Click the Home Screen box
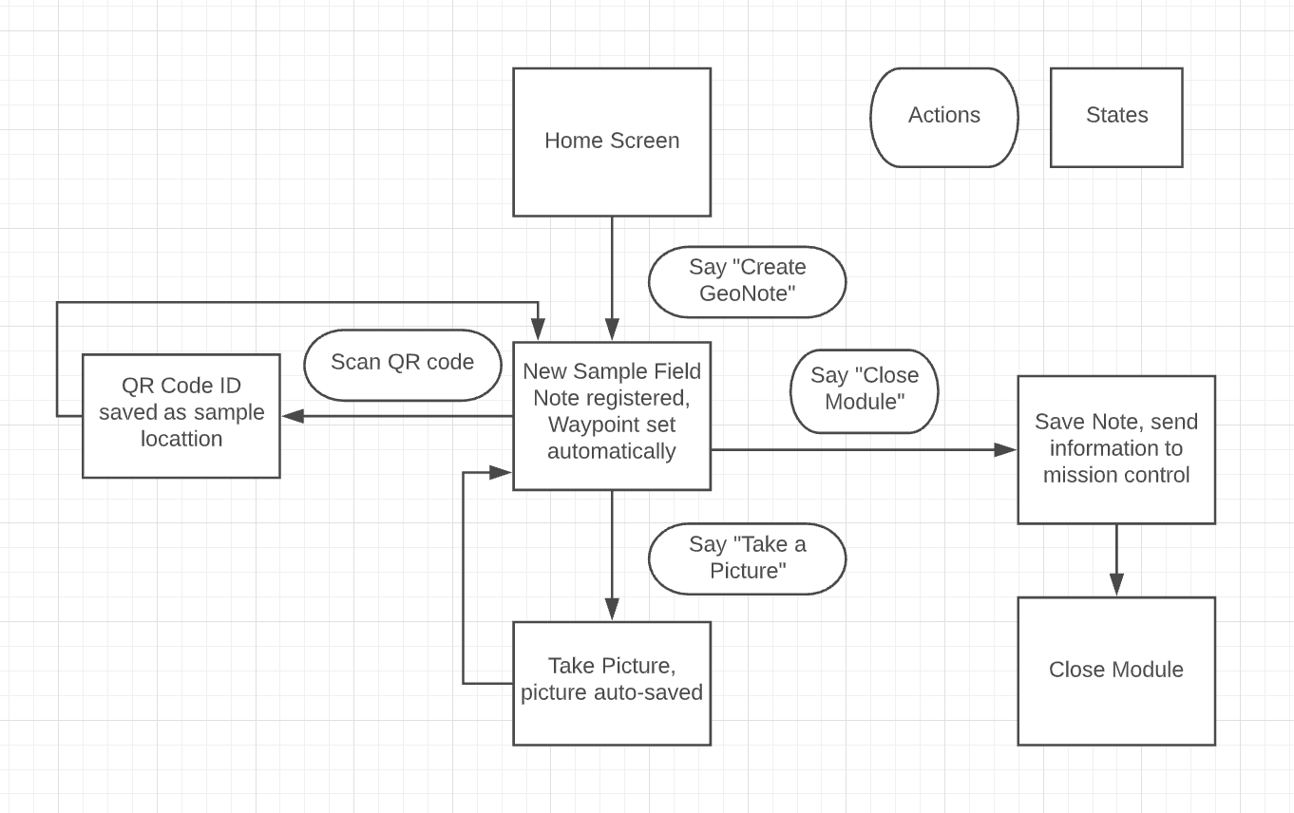pyautogui.click(x=612, y=142)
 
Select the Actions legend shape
pyautogui.click(x=944, y=117)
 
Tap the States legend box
pyautogui.click(x=1116, y=117)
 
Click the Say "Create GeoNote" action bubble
pyautogui.click(x=747, y=282)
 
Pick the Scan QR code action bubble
pyautogui.click(x=402, y=365)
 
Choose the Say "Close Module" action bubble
pyautogui.click(x=865, y=391)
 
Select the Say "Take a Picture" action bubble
pyautogui.click(x=747, y=558)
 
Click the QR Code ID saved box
pyautogui.click(x=181, y=416)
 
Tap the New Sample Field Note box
pyautogui.click(x=612, y=416)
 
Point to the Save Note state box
pyautogui.click(x=1116, y=450)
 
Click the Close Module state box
pyautogui.click(x=1116, y=671)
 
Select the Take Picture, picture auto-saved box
pyautogui.click(x=612, y=683)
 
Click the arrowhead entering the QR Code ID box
pyautogui.click(x=293, y=416)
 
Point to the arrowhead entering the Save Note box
pyautogui.click(x=1005, y=450)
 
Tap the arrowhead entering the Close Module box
pyautogui.click(x=1116, y=585)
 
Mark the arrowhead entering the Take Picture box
pyautogui.click(x=612, y=609)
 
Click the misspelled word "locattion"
pyautogui.click(x=181, y=439)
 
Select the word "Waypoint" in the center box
pyautogui.click(x=583, y=425)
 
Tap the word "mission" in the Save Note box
pyautogui.click(x=1078, y=475)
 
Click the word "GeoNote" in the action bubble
pyautogui.click(x=747, y=293)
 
